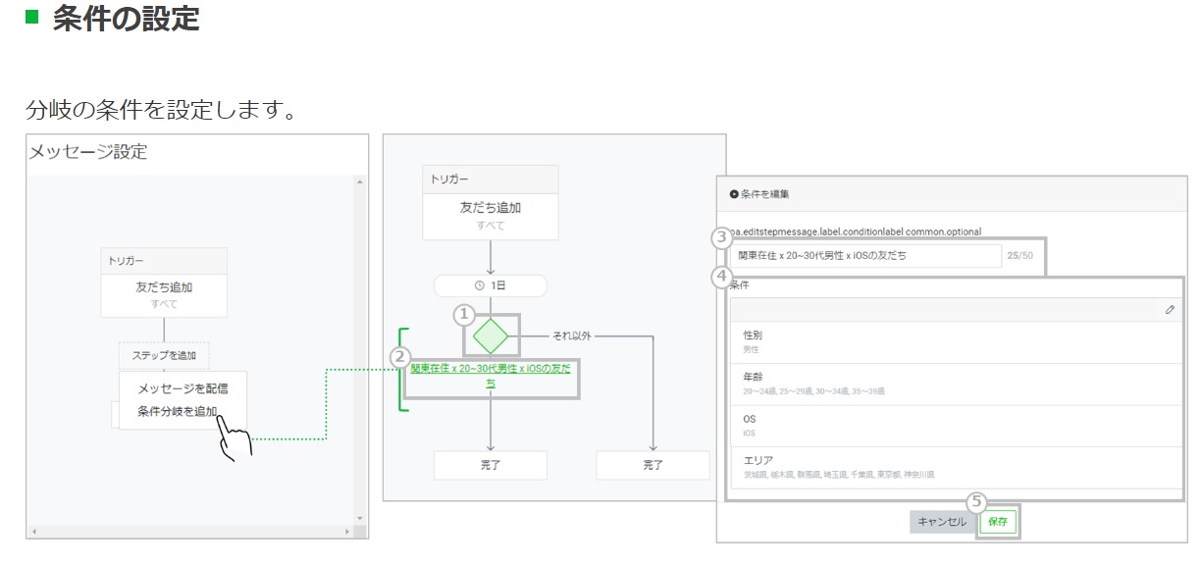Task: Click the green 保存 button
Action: (x=998, y=522)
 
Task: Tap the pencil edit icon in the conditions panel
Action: (x=1170, y=309)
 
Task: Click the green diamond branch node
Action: (x=491, y=336)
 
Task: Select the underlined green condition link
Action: (x=491, y=376)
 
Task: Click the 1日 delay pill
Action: (x=491, y=285)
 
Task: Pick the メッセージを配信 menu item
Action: (x=183, y=388)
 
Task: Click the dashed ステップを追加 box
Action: (x=164, y=356)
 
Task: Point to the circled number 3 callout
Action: (x=721, y=236)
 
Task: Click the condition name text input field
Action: (x=867, y=256)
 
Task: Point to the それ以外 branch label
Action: (x=572, y=336)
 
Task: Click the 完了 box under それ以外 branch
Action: (x=653, y=465)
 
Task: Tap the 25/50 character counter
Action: (x=1019, y=256)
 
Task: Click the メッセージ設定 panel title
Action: (x=88, y=152)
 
